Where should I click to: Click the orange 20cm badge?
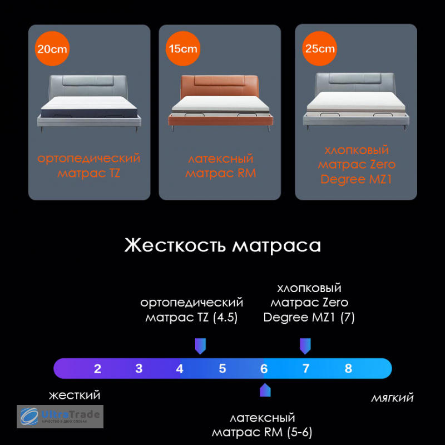click(x=52, y=48)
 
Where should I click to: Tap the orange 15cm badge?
click(x=183, y=48)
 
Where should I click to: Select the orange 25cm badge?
click(x=319, y=48)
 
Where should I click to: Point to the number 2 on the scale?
click(x=98, y=369)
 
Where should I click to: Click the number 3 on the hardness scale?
click(x=139, y=368)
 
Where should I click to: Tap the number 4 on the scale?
click(x=180, y=369)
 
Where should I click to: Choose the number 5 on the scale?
click(x=222, y=368)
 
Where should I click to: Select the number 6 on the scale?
click(x=264, y=369)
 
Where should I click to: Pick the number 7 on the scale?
click(x=306, y=368)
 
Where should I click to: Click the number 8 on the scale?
click(x=348, y=368)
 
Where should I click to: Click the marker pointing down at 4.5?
click(x=200, y=346)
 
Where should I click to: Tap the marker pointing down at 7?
click(x=305, y=346)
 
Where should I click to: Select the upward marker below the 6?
click(x=265, y=390)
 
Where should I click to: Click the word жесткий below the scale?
click(x=75, y=395)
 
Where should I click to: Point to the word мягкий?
click(x=392, y=398)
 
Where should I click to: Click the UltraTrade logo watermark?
click(x=60, y=417)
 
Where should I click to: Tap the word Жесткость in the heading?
click(x=175, y=245)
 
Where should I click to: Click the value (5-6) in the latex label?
click(x=299, y=432)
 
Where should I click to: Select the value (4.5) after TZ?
click(x=225, y=317)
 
